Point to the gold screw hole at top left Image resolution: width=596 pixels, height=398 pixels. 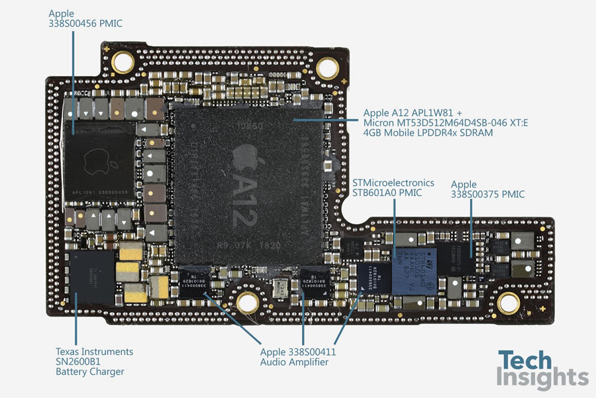[123, 63]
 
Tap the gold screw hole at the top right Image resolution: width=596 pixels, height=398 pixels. [327, 68]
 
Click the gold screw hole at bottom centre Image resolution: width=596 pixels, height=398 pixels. [246, 302]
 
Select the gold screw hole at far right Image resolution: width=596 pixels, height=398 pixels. [508, 303]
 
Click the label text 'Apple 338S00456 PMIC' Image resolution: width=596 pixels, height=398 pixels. [85, 19]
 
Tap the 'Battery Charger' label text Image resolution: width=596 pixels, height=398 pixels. [89, 372]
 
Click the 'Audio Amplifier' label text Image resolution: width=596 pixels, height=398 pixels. [294, 362]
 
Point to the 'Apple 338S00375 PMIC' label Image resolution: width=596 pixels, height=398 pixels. [487, 189]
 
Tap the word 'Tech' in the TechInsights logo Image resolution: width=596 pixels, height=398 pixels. [524, 361]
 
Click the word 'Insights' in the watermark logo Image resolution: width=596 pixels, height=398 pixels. [543, 378]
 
